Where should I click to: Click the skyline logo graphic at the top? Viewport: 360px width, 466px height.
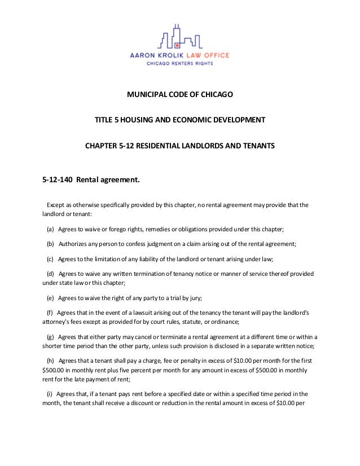pos(179,37)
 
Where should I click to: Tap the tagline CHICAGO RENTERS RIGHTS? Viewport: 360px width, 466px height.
pos(180,64)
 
